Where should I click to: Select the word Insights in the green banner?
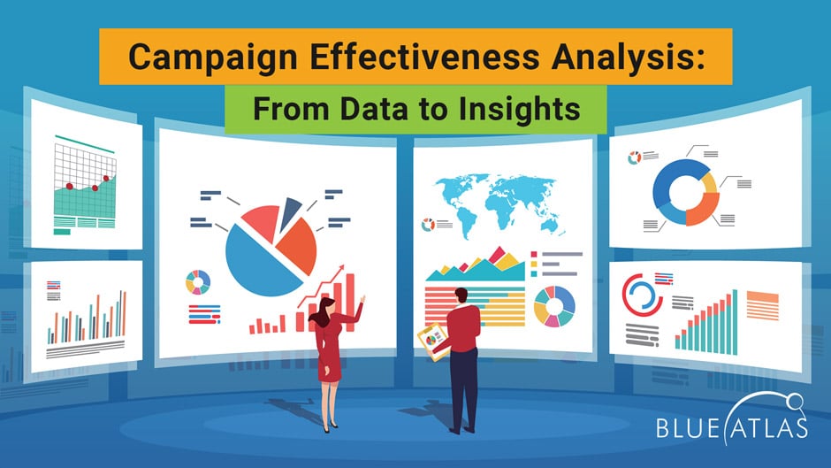tap(531, 109)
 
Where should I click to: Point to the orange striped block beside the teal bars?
tap(761, 304)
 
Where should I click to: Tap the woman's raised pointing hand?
tap(363, 298)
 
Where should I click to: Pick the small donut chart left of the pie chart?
tap(197, 282)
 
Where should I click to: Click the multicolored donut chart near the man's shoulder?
tap(554, 305)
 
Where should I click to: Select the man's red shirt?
tap(464, 327)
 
